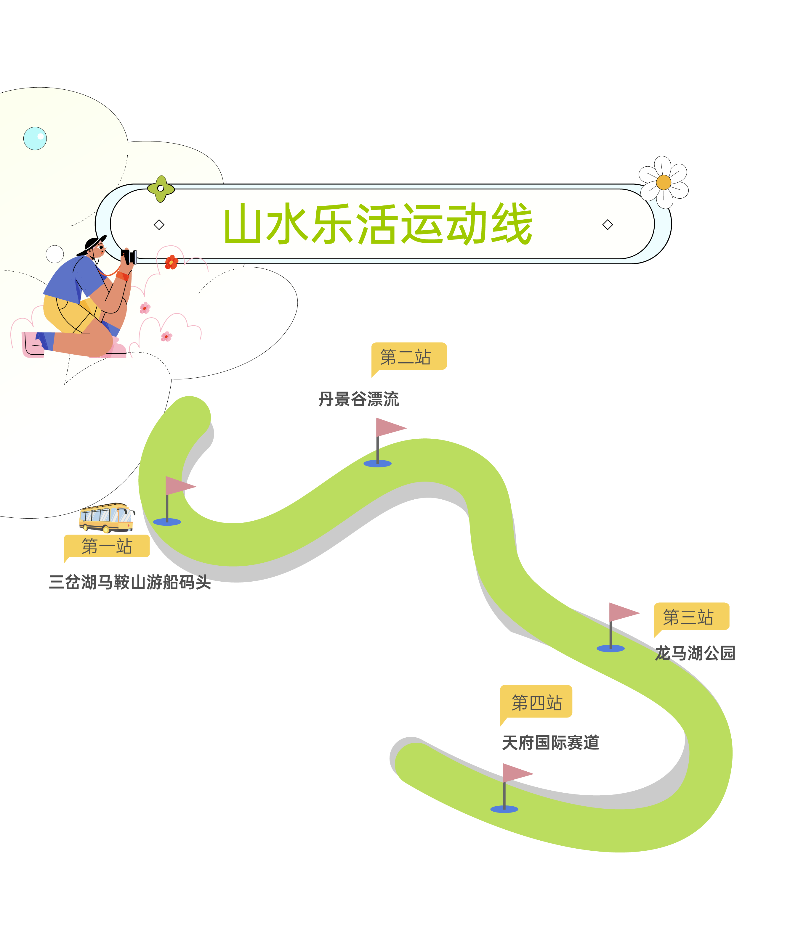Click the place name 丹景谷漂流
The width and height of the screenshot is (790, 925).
pos(358,399)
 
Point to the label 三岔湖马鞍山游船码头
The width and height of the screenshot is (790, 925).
pos(129,582)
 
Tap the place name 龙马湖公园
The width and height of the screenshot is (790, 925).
pos(695,653)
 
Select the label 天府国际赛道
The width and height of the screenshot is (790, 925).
pos(550,742)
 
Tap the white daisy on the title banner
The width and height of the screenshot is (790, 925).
pos(663,182)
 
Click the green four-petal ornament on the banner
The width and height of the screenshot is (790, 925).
pos(161,188)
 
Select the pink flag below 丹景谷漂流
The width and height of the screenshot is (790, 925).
pos(389,427)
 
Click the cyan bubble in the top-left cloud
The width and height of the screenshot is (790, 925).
pos(35,138)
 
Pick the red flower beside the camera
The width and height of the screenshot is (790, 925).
pos(171,262)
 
